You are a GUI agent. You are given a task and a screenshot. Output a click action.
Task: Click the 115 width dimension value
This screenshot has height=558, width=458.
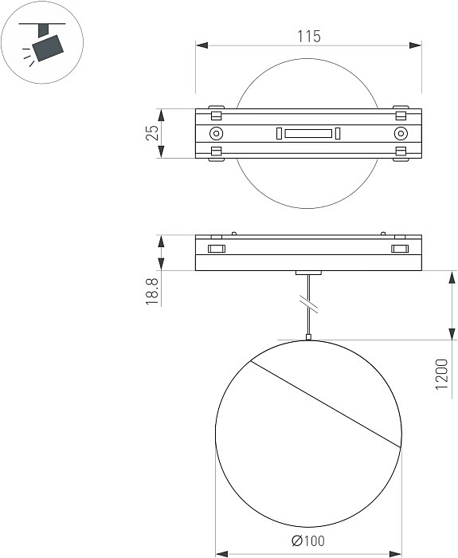(x=308, y=36)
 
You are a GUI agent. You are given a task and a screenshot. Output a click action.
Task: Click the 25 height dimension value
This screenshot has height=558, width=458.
(x=152, y=132)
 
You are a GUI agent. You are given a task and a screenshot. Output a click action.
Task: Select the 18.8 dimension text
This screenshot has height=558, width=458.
(x=152, y=288)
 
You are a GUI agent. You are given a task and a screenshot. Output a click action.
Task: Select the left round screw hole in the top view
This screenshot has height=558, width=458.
(x=216, y=133)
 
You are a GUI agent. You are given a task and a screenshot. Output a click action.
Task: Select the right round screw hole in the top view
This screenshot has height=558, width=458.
(x=401, y=133)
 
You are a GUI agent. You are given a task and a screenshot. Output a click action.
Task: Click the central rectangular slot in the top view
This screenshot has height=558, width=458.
(x=308, y=133)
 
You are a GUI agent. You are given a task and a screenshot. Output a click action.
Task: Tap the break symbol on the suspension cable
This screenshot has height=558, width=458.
(x=308, y=303)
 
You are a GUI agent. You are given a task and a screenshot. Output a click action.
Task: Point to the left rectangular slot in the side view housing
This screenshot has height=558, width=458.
(x=216, y=250)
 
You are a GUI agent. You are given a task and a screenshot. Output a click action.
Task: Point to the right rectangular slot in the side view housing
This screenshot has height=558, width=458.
(x=400, y=250)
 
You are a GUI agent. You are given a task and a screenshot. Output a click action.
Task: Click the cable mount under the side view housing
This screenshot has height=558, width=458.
(x=308, y=273)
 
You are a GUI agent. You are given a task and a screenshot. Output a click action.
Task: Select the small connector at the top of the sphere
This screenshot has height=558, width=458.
(x=308, y=338)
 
